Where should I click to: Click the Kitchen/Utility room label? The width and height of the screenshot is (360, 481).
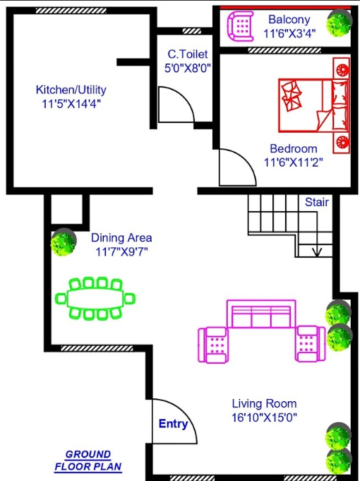[71, 90]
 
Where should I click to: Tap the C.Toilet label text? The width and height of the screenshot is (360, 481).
[187, 54]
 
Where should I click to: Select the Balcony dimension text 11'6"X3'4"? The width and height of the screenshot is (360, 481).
[289, 32]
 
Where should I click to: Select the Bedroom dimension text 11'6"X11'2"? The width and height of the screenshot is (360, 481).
[293, 162]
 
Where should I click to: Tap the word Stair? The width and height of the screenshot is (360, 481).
[316, 202]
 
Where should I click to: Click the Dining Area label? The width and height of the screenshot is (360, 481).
[121, 238]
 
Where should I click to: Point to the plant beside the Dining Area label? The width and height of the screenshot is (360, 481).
[64, 242]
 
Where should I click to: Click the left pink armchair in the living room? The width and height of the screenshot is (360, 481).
[214, 345]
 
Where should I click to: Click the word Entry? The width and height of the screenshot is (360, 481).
[173, 424]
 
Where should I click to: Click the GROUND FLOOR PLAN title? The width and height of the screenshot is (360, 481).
[88, 461]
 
